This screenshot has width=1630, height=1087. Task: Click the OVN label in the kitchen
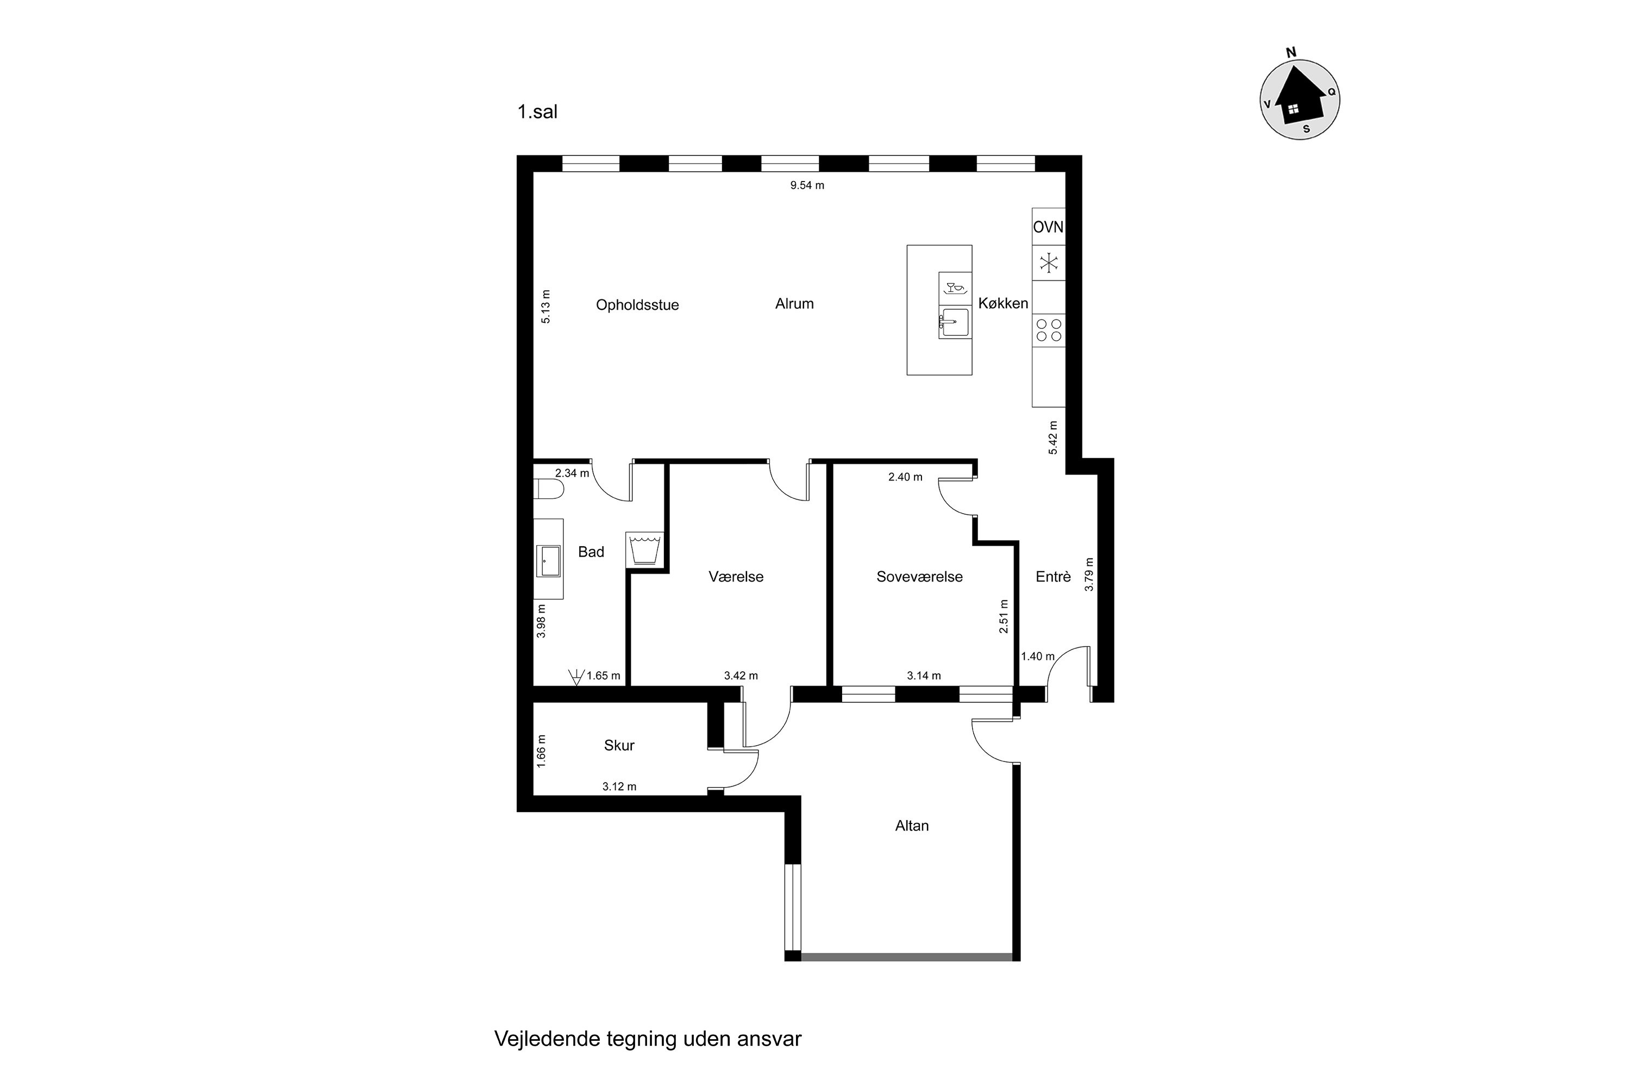[1048, 227]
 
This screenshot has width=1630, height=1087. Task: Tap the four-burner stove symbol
[1049, 329]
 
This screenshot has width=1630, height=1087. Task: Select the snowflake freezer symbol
[1049, 263]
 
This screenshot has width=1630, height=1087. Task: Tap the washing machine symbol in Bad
[644, 549]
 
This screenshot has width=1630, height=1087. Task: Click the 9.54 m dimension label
[807, 185]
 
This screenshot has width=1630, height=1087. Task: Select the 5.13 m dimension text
[546, 307]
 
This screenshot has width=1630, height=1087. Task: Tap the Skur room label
[619, 745]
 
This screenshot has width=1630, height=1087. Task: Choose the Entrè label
[1053, 577]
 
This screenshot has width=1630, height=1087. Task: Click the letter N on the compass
[1291, 53]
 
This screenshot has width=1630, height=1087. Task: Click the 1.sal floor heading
[537, 111]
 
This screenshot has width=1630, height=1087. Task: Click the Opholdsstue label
[637, 305]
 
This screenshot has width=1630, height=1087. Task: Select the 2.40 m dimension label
[905, 477]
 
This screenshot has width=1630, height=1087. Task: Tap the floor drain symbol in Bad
[575, 677]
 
